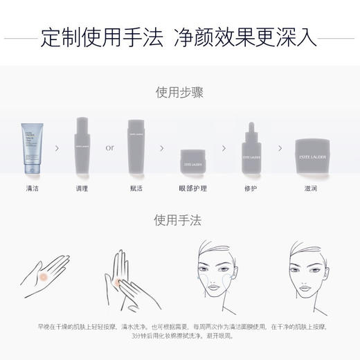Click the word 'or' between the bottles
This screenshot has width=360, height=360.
pyautogui.click(x=110, y=147)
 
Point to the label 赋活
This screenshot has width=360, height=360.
pyautogui.click(x=137, y=188)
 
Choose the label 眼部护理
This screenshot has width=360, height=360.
pyautogui.click(x=189, y=188)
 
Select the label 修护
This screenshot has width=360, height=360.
pyautogui.click(x=251, y=188)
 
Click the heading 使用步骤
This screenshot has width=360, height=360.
pyautogui.click(x=179, y=92)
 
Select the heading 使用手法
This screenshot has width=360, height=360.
pyautogui.click(x=179, y=220)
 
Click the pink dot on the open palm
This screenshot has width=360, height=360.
pyautogui.click(x=46, y=275)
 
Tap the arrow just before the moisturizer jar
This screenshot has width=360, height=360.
pyautogui.click(x=280, y=147)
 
